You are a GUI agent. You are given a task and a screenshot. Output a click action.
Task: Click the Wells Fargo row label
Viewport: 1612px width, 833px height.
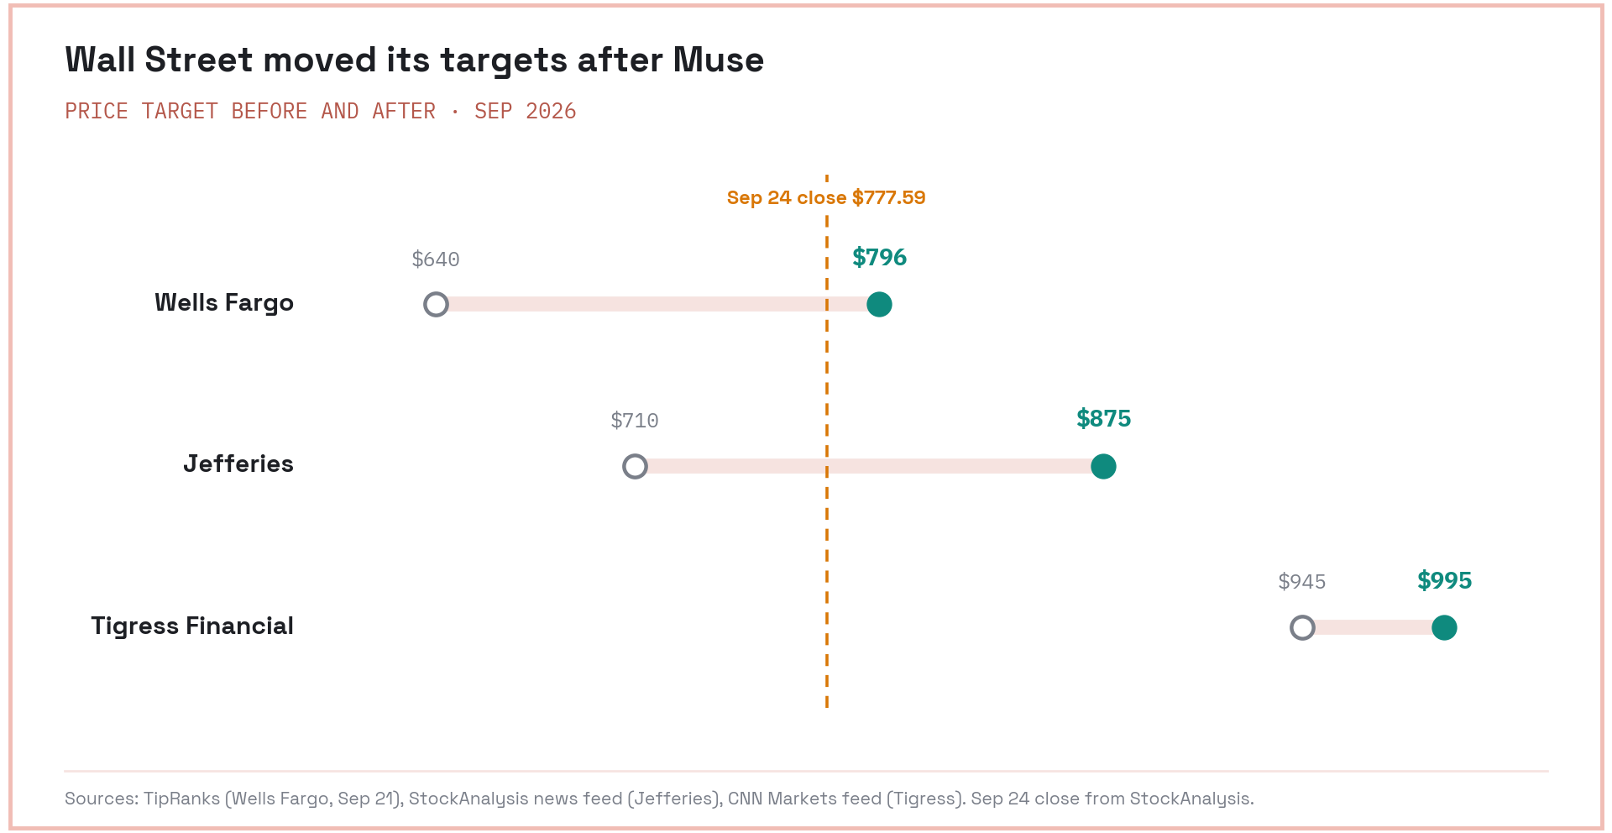point(224,303)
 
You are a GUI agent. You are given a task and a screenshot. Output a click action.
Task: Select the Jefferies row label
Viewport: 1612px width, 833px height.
point(238,464)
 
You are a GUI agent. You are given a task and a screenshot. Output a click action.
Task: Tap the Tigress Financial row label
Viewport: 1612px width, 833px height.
point(192,626)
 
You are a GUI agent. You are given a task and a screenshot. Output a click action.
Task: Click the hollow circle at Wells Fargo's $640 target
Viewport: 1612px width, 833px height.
point(436,304)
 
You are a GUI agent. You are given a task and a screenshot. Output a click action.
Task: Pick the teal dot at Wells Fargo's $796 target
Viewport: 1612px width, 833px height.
point(879,304)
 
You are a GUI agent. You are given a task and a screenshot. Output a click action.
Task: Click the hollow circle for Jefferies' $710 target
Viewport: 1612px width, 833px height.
point(635,466)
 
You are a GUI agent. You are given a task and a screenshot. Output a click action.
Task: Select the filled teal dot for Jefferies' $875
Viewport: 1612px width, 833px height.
point(1103,466)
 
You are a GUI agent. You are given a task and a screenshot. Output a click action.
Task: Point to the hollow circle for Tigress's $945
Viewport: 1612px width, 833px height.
point(1302,627)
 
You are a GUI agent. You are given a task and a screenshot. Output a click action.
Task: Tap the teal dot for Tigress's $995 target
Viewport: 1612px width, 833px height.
point(1444,627)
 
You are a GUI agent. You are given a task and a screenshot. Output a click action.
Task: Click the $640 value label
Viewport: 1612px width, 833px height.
point(436,259)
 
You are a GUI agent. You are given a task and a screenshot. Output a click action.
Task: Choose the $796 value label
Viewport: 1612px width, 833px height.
point(879,257)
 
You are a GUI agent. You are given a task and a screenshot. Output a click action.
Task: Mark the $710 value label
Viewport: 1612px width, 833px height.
point(635,421)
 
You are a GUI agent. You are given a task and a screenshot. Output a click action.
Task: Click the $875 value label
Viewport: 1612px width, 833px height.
point(1103,418)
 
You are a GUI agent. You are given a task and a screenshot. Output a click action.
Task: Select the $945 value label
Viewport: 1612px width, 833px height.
point(1302,582)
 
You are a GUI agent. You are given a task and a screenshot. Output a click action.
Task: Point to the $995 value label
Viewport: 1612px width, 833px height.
point(1444,580)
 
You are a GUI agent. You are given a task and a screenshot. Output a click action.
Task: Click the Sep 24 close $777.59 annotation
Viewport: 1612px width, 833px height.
point(826,198)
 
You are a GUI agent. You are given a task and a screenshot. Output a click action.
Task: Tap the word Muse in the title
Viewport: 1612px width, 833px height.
point(719,60)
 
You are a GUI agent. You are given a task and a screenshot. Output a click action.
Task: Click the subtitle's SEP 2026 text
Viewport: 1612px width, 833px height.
point(526,112)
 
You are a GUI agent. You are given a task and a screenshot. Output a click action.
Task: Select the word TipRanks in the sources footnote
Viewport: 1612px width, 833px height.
point(181,799)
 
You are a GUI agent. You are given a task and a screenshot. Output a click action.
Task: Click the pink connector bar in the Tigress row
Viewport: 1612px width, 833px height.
point(1374,627)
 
